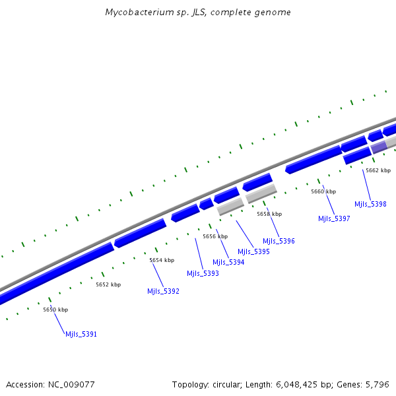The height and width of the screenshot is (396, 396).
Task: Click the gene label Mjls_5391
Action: [81, 334]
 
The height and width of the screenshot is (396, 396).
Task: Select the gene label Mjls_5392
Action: [163, 291]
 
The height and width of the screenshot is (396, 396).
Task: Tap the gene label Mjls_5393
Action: [203, 273]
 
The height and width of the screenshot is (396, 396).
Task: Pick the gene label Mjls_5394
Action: [228, 262]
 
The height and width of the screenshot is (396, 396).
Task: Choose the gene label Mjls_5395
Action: [253, 251]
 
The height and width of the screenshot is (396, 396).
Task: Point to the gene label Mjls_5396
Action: [279, 241]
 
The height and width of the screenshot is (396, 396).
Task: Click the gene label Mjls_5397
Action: [334, 218]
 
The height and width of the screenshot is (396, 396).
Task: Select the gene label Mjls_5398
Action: [370, 204]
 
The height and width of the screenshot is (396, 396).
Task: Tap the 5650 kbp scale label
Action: [55, 310]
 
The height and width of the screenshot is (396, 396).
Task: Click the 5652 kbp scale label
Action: [108, 284]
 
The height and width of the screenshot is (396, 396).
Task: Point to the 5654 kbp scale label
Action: [162, 260]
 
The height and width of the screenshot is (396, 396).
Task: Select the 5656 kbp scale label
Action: [215, 236]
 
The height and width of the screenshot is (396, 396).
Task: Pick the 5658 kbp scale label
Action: [269, 214]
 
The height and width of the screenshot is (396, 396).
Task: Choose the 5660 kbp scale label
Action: [323, 191]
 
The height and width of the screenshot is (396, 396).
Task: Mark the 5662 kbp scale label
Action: [378, 170]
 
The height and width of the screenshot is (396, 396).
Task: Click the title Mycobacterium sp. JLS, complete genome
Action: [198, 13]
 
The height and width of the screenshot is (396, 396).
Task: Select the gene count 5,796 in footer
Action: [377, 384]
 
